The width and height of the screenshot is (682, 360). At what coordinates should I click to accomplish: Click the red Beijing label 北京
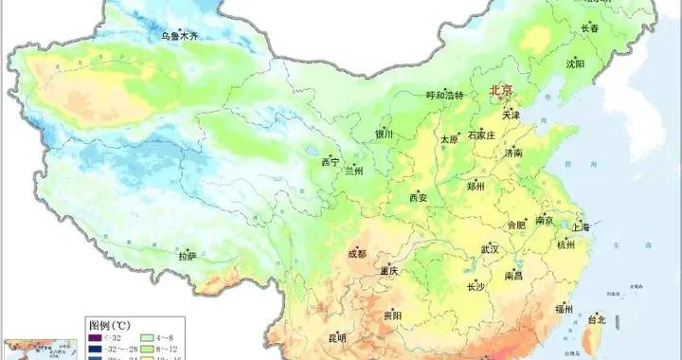click(501, 91)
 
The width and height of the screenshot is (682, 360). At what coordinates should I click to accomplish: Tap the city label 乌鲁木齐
click(179, 36)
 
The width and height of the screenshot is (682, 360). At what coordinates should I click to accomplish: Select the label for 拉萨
click(188, 255)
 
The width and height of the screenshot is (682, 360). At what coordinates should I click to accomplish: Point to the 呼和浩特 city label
click(445, 96)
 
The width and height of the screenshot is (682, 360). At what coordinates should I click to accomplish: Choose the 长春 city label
click(590, 28)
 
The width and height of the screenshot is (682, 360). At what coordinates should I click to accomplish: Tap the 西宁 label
click(330, 162)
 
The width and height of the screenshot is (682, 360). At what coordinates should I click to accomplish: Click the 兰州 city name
click(354, 171)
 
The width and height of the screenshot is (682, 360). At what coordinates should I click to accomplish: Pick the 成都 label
click(355, 254)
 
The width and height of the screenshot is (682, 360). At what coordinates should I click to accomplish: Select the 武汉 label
click(489, 249)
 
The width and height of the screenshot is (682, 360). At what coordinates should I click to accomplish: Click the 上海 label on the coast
click(580, 227)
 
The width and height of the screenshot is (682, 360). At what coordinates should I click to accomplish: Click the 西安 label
click(419, 198)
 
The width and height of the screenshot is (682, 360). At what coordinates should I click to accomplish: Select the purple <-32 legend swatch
click(93, 336)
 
